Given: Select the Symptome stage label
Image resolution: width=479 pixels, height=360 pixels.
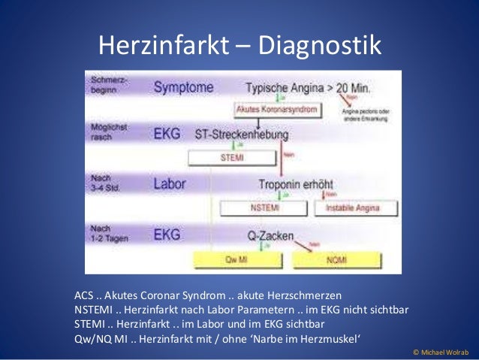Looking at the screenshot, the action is point(184,88).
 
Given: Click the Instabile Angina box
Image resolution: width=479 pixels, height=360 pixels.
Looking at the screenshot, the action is point(354,208).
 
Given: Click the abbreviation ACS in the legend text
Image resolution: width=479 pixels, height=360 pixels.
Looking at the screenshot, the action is point(85,294).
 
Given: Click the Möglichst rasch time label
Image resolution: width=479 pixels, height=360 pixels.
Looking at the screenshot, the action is point(109,132).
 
